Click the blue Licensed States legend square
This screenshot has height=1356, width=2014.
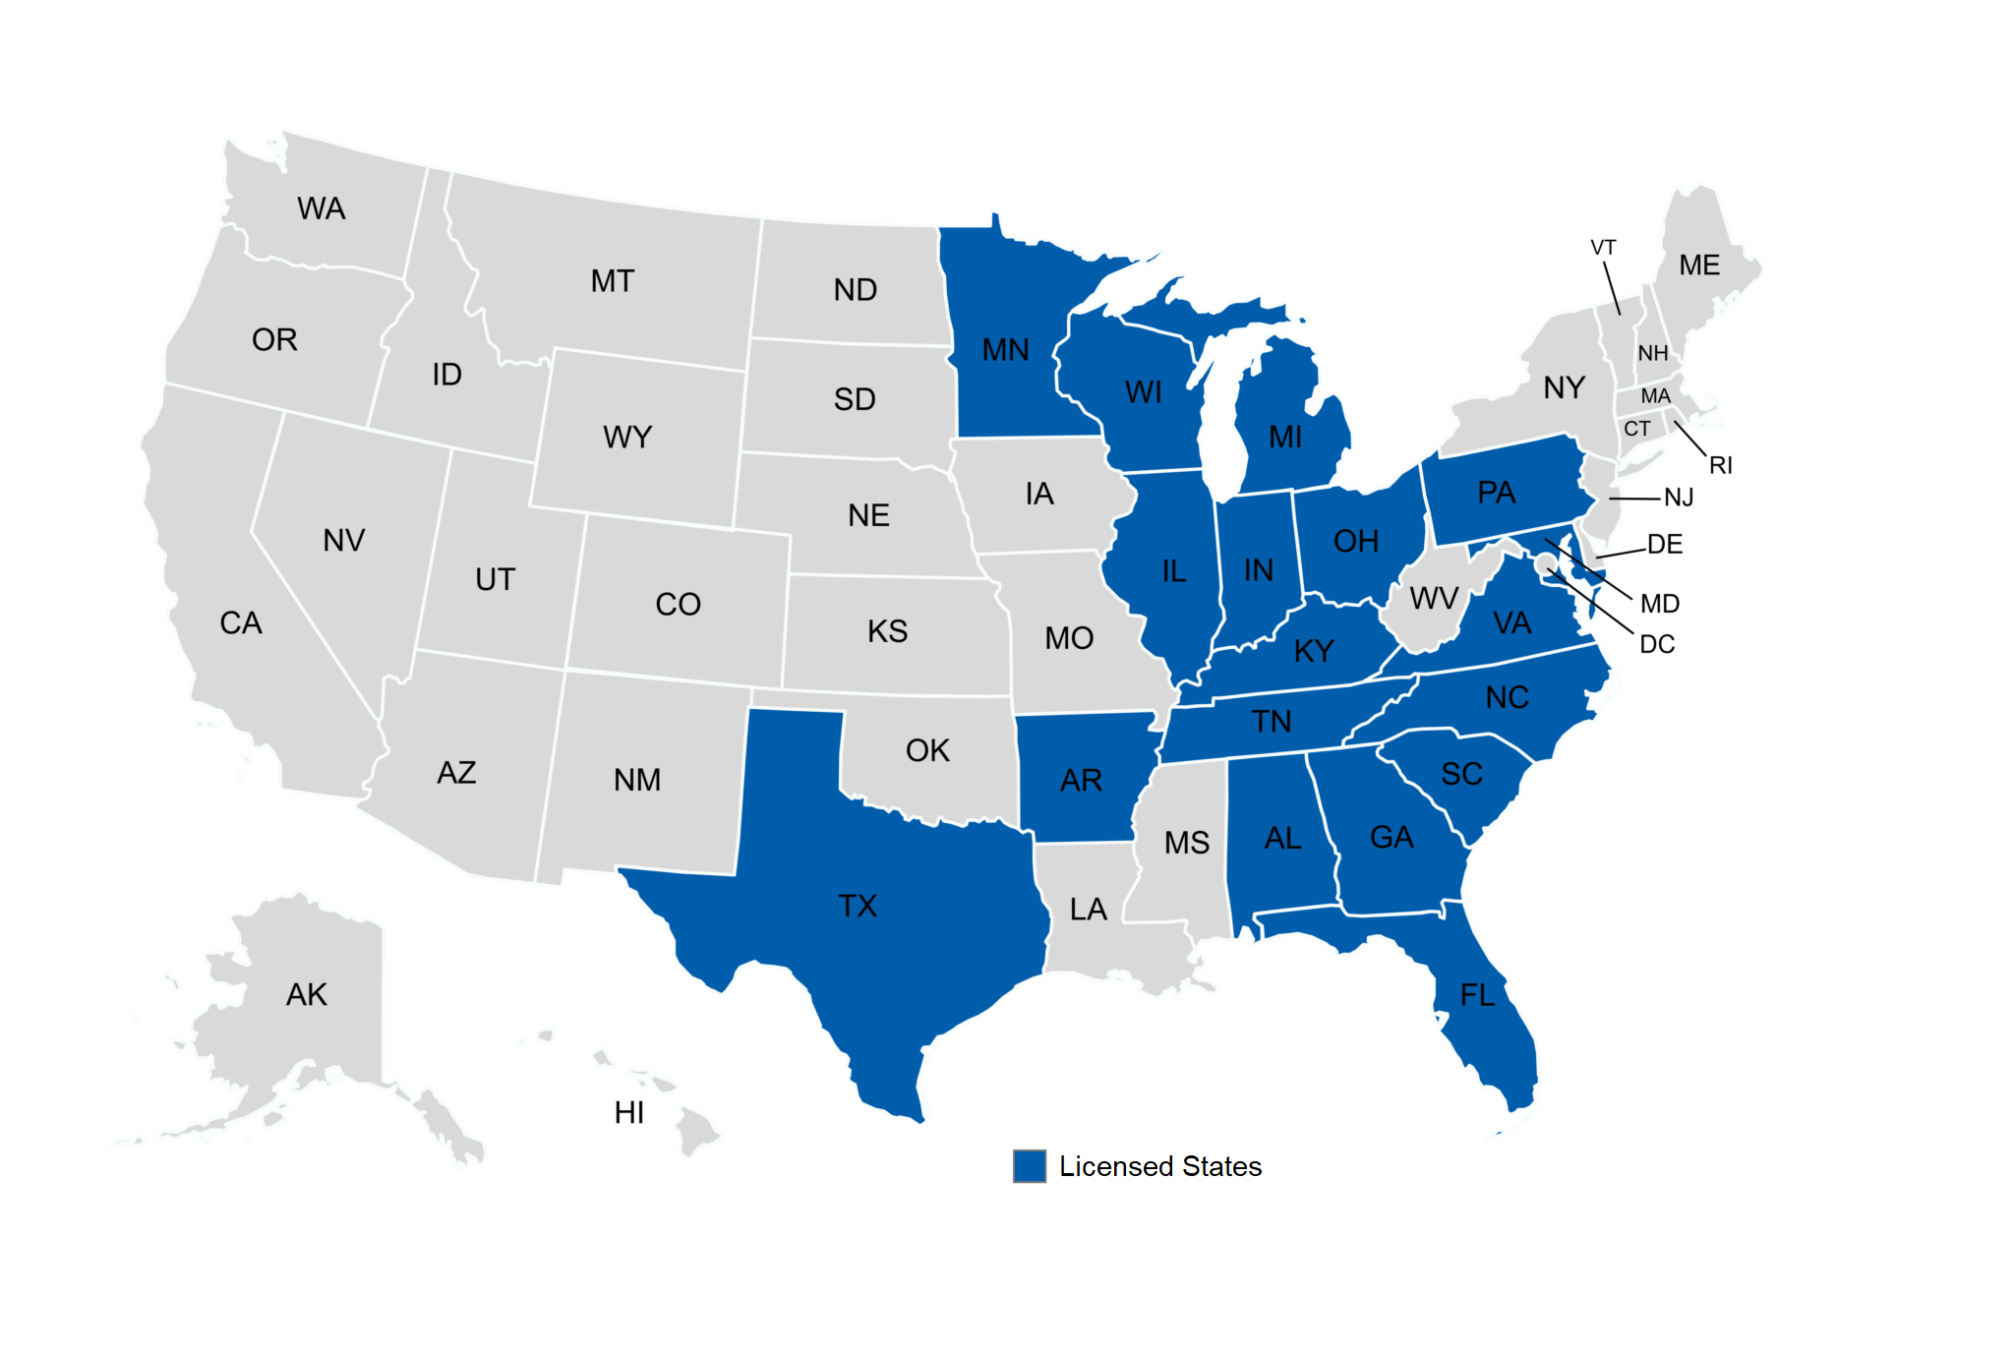tap(1029, 1165)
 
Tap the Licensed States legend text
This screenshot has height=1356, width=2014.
tap(1159, 1166)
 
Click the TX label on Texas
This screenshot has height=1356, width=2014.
tap(858, 906)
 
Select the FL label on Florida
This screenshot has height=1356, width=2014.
tap(1477, 995)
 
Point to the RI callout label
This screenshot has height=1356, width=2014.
tap(1720, 465)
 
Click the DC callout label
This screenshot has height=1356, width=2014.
tap(1657, 644)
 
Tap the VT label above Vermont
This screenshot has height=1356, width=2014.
tap(1603, 248)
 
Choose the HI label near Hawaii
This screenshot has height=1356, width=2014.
tap(628, 1112)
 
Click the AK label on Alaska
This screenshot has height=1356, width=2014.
tap(307, 994)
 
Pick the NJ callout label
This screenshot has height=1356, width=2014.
tap(1679, 498)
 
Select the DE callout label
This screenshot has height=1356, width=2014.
tap(1665, 544)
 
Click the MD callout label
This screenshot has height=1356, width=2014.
tap(1660, 603)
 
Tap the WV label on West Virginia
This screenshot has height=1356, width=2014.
tap(1434, 598)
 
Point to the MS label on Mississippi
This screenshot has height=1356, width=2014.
tap(1187, 843)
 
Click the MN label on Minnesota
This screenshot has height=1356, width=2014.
tap(1005, 350)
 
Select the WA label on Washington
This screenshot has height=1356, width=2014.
tap(322, 208)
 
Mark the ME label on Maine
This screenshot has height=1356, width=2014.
tap(1699, 265)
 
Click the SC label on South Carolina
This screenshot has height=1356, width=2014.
tap(1461, 774)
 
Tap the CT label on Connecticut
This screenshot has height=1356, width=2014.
tap(1636, 429)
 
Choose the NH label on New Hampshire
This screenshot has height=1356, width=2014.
tap(1652, 353)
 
